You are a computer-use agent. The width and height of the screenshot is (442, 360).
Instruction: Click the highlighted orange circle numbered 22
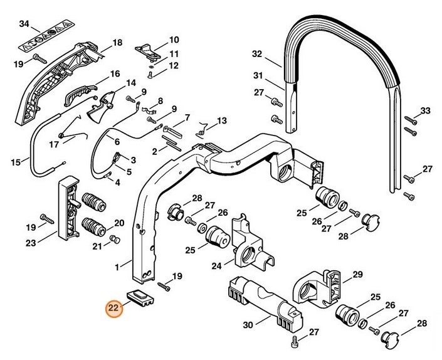113,309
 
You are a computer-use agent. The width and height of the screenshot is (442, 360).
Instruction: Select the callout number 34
24,24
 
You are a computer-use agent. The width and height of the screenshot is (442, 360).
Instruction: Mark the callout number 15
16,164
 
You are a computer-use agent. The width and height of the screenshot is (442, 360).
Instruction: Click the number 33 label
426,111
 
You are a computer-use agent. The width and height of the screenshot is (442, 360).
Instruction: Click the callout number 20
118,222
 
